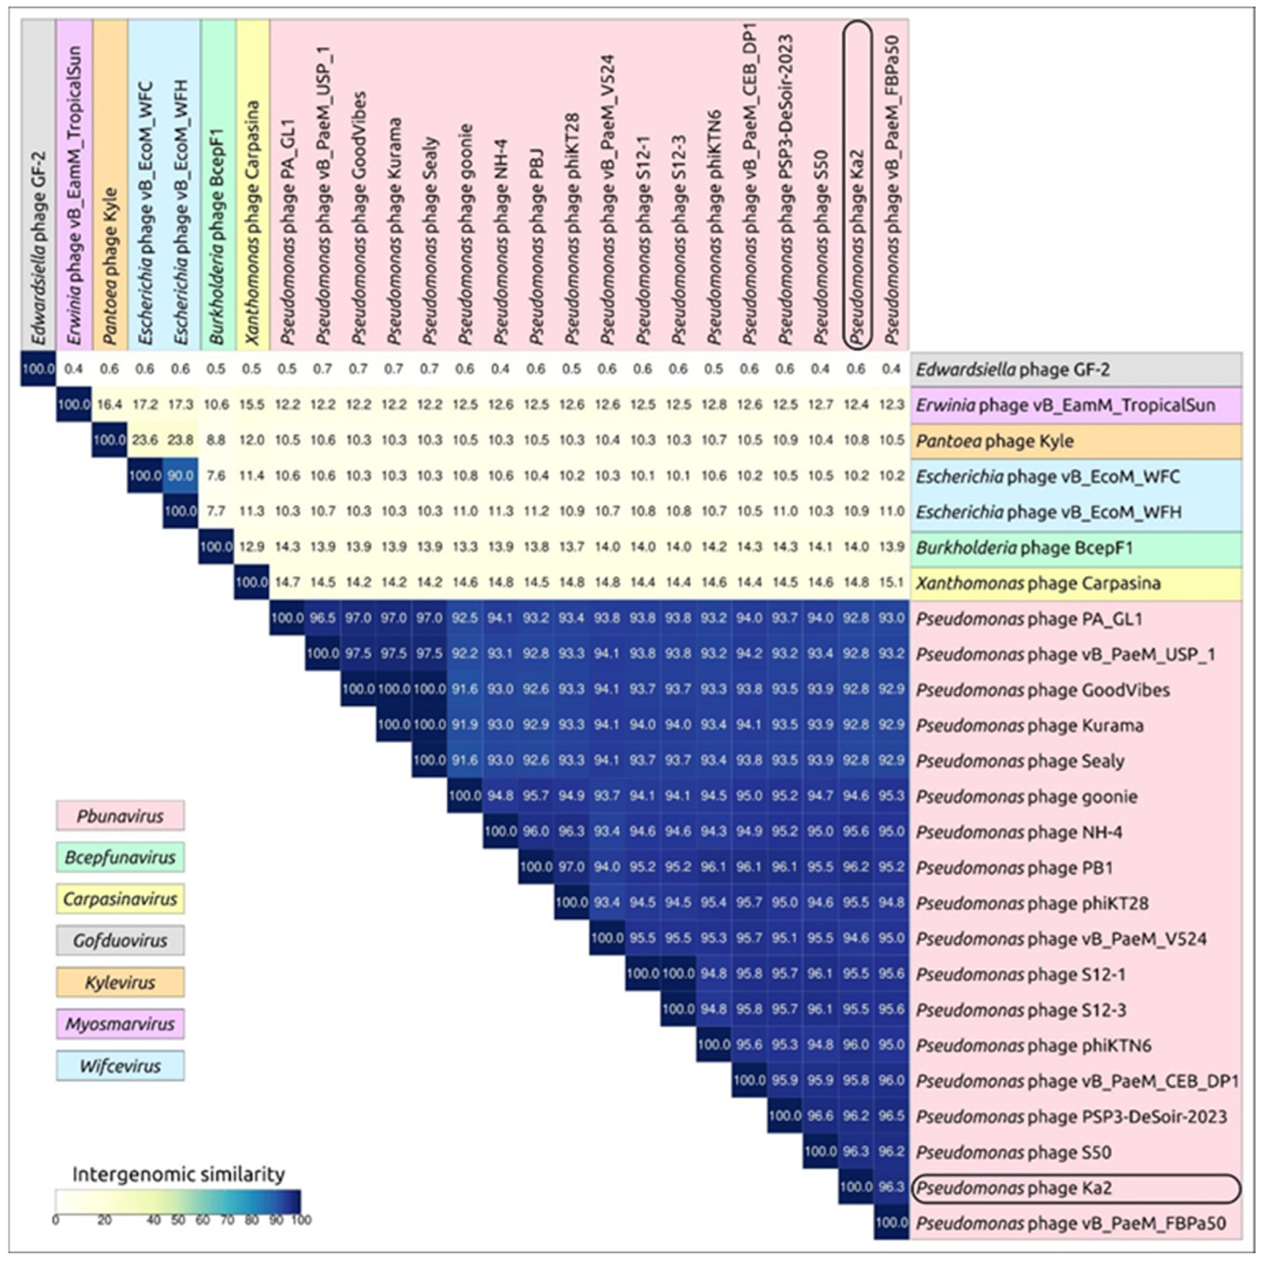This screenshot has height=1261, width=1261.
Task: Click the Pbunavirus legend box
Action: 120,815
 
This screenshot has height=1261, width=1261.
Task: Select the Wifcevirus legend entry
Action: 120,1066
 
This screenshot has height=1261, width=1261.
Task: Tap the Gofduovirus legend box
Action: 120,940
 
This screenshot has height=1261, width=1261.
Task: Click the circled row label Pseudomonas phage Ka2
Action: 1075,1188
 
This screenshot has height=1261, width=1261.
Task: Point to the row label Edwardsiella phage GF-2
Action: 1075,369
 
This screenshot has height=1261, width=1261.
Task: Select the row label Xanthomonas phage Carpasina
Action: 1075,583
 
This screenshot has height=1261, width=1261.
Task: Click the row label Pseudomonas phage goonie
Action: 1075,796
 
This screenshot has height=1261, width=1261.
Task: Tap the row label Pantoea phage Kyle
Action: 1075,440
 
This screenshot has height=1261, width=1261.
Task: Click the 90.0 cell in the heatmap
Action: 180,476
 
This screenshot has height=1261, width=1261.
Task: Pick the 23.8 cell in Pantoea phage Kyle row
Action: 180,440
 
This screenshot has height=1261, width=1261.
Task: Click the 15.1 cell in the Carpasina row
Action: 892,582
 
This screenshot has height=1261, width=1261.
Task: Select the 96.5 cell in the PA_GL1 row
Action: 323,618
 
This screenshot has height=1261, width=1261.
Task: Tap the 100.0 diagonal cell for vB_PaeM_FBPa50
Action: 892,1222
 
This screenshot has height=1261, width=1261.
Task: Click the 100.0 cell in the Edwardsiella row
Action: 39,369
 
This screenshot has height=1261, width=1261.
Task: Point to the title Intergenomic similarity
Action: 178,1174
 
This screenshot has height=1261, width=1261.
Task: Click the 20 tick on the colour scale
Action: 104,1220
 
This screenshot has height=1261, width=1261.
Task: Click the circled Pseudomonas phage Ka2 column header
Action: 857,183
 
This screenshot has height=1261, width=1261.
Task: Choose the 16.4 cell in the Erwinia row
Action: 110,405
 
